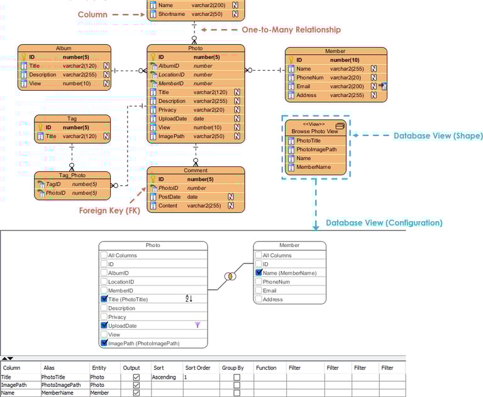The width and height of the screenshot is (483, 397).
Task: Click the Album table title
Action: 64,48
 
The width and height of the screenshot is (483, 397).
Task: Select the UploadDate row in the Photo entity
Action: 172,118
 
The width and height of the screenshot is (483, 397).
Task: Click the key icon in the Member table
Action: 291,60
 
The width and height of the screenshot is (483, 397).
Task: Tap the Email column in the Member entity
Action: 303,86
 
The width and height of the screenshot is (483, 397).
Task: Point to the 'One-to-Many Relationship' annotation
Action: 291,30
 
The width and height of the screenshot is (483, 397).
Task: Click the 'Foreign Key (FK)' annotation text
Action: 109,210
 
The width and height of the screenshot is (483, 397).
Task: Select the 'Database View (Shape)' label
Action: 438,135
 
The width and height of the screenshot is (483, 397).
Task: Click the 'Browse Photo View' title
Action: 314,131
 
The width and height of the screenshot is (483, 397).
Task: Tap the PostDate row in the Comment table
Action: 170,197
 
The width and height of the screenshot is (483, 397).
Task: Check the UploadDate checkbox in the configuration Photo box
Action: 104,326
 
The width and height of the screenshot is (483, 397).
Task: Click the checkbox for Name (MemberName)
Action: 258,273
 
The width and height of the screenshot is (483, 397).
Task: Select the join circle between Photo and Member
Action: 230,277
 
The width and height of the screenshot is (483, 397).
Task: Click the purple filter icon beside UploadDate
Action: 197,325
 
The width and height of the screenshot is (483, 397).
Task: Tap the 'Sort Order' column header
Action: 197,367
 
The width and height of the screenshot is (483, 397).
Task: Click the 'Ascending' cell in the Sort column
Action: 164,377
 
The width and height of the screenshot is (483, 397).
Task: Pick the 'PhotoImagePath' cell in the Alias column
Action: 61,384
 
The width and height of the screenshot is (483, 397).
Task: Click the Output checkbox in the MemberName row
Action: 136,393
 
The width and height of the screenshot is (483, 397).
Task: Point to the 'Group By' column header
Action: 233,367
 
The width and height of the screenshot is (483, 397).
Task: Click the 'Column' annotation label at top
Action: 92,14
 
